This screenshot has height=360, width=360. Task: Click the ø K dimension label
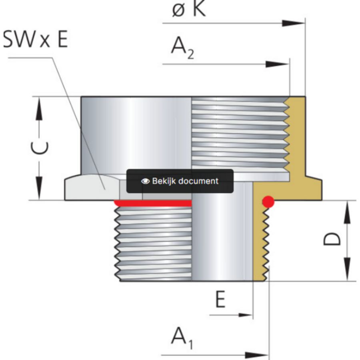(x=189, y=9)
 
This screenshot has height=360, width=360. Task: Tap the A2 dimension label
(x=182, y=48)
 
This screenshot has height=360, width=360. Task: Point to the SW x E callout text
(x=36, y=39)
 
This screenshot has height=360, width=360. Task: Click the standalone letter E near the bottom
(x=220, y=299)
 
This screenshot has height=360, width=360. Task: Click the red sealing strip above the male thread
(x=153, y=203)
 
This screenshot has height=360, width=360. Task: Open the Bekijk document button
(x=180, y=181)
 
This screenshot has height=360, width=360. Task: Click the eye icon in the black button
(x=145, y=181)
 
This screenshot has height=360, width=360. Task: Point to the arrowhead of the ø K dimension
(x=294, y=23)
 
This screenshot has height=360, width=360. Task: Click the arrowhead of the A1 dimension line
(x=257, y=356)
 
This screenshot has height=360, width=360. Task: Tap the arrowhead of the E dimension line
(x=246, y=315)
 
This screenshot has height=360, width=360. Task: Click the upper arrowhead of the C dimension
(x=39, y=108)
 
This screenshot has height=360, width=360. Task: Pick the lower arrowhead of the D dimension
(x=347, y=269)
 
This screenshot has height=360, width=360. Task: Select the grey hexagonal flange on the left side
(x=92, y=188)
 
